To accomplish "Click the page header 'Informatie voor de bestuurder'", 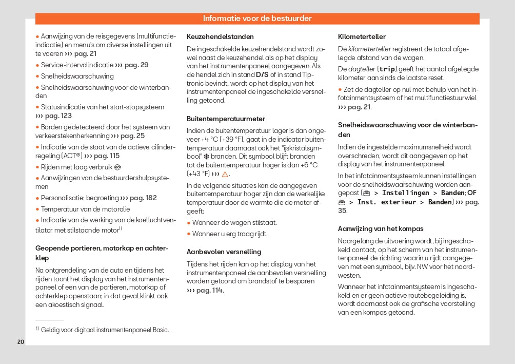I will tap(257, 18).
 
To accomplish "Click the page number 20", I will tap(21, 342).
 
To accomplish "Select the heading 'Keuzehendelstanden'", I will tap(220, 37).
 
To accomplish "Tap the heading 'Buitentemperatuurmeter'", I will tap(226, 119).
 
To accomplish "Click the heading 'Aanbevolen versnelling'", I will tap(224, 252).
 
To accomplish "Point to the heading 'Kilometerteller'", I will tap(362, 37).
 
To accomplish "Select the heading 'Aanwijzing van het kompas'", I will tap(381, 228).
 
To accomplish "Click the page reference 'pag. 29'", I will tap(136, 65).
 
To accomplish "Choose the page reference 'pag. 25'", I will tap(132, 136).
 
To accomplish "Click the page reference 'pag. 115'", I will tap(106, 156).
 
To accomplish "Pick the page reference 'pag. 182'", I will tap(143, 198).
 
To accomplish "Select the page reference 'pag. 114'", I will tap(209, 291).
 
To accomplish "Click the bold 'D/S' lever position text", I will tap(262, 75).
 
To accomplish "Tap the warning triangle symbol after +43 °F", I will tap(225, 174).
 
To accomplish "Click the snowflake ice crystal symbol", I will tap(206, 156).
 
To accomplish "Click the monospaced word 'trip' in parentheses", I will tap(387, 69).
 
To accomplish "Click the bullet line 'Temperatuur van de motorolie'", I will tap(85, 209).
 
